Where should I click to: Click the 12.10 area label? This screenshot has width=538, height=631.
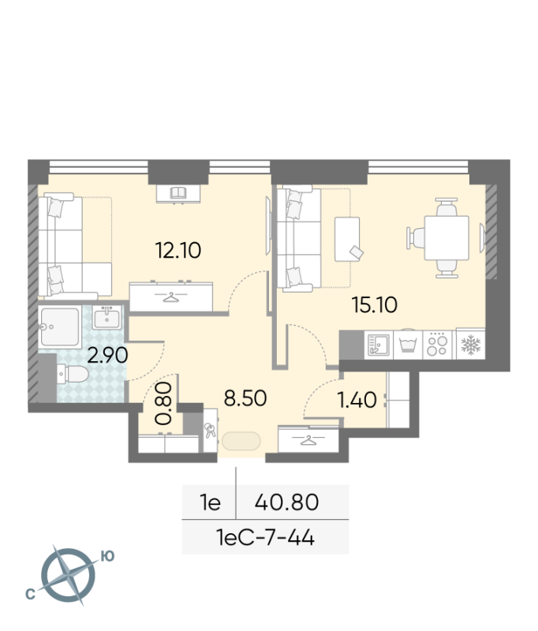pos(177,250)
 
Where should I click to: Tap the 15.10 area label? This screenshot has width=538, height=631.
pos(374,304)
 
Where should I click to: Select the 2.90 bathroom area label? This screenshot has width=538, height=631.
pos(107,356)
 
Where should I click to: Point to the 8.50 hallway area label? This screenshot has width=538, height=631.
pos(245,398)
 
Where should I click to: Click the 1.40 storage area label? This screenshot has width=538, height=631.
pos(357,400)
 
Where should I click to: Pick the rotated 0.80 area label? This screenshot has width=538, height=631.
pos(164,404)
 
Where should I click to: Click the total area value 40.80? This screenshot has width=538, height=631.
pos(286,502)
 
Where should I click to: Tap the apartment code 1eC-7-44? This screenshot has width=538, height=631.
pos(265,537)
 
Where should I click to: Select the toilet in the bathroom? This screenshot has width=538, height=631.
pos(73,374)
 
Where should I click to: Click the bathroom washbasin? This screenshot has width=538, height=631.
pos(106,318)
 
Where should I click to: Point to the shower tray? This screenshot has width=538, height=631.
pos(60,327)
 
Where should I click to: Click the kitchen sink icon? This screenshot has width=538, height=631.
pos(378,345)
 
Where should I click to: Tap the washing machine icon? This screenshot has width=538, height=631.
pos(408,345)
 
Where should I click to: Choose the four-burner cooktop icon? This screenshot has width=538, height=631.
pos(437,345)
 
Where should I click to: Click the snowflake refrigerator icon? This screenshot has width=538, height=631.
pos(470,345)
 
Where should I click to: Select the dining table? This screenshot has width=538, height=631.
pos(446,238)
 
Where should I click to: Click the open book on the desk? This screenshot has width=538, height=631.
pos(177,192)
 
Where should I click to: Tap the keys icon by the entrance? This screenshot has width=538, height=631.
pos(210,430)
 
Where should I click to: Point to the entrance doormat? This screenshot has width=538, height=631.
pos(241,441)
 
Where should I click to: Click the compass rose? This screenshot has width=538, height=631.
pos(69,576)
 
